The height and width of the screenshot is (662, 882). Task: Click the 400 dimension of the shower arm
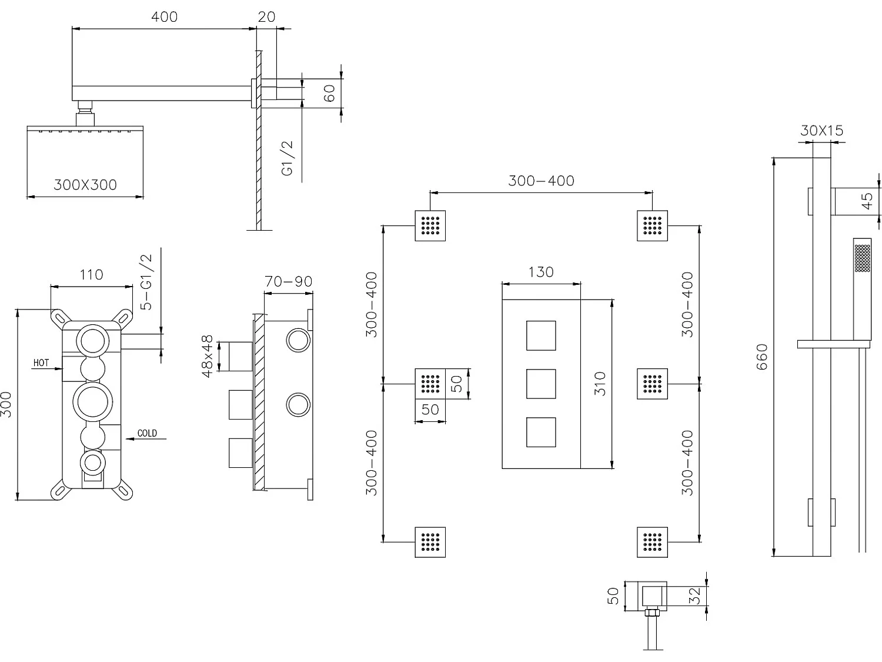coord(164,16)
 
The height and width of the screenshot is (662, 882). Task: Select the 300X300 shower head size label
coord(85,185)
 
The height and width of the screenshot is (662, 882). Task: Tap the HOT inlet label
coord(41,362)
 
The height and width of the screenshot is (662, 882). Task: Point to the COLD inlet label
coord(147,433)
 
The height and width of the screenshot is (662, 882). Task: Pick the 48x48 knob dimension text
coord(207,356)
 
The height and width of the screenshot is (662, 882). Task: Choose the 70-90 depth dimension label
coord(288,282)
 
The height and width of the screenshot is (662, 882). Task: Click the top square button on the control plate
coord(541,335)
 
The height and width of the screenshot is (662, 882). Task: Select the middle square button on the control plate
coord(541,384)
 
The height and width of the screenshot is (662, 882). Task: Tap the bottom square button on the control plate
coord(541,432)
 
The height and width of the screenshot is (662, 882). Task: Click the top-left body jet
coord(430,225)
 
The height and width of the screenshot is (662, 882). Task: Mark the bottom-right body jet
coord(652,542)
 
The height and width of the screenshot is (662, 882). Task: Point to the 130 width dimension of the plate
coord(541,272)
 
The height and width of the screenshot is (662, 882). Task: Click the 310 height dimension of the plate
coord(600,384)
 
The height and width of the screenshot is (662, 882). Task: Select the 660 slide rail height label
coord(762,357)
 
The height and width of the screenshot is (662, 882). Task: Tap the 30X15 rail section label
coord(821,131)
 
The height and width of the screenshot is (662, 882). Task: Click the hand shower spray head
coord(862,258)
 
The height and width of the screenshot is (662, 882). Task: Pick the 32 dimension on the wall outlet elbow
coord(694,596)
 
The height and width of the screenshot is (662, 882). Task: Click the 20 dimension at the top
coord(266,16)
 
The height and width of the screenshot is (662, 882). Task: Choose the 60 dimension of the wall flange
coord(329,93)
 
